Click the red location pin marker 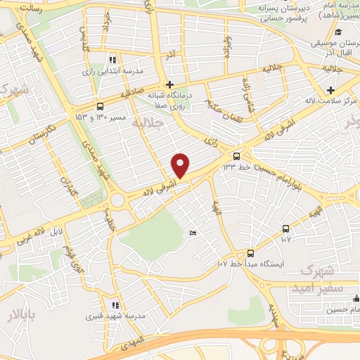(x=181, y=165)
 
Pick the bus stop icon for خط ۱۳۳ (x=237, y=155)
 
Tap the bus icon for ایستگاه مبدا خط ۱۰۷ (x=250, y=252)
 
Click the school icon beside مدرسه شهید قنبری (x=116, y=305)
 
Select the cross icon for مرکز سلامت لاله (x=330, y=89)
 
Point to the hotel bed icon (x=193, y=233)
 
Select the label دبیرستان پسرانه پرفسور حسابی (x=274, y=14)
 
